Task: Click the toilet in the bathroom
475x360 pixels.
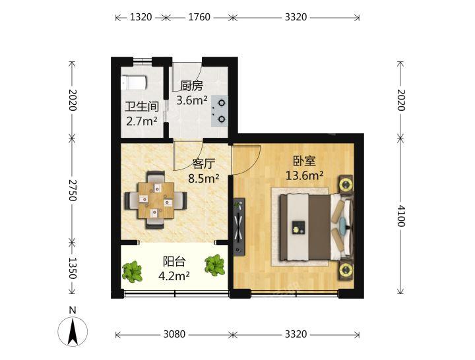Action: (x=133, y=82)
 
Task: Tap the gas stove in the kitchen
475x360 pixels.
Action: (x=220, y=111)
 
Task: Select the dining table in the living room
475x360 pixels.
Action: (x=156, y=200)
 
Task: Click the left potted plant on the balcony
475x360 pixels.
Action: (x=132, y=272)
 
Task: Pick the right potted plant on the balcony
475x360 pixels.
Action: (x=215, y=265)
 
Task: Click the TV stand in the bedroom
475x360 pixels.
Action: (x=239, y=227)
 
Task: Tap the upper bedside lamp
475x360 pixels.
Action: (x=346, y=185)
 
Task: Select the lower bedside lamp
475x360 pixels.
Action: (x=346, y=270)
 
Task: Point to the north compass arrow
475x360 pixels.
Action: (x=73, y=332)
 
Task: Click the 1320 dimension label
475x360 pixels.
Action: (x=141, y=17)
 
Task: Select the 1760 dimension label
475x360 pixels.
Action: (x=199, y=17)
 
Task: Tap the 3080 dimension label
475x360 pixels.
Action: (x=174, y=334)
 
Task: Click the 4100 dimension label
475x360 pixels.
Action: (x=401, y=216)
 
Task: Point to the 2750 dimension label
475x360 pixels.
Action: (x=72, y=191)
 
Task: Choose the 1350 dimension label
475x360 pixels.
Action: (x=72, y=268)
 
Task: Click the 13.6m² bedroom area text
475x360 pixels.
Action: (x=304, y=175)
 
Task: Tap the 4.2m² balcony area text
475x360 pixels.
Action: (x=174, y=276)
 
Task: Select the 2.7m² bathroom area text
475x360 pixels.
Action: (x=142, y=121)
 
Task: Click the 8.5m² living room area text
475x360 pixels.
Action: (x=204, y=179)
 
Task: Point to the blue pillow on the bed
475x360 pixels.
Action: (x=342, y=224)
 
